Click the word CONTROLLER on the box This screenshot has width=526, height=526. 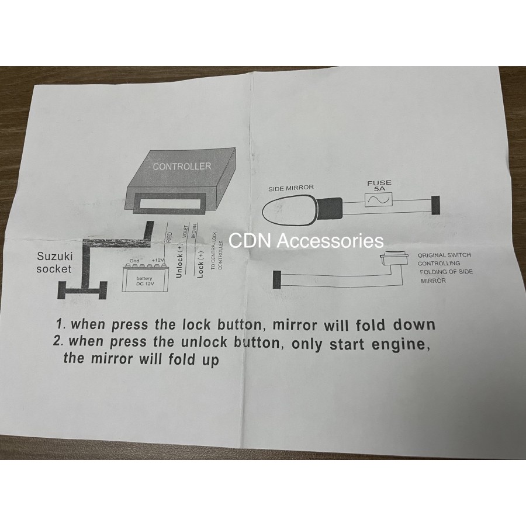click(x=182, y=166)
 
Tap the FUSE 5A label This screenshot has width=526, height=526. click(x=379, y=185)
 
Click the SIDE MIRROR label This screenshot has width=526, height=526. click(x=291, y=188)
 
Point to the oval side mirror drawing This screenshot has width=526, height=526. click(x=289, y=210)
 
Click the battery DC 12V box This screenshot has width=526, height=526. click(x=144, y=278)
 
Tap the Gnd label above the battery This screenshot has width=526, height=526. click(x=134, y=261)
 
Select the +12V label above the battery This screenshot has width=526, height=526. click(x=157, y=260)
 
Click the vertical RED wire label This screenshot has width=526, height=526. click(x=169, y=237)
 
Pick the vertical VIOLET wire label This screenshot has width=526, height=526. click(x=185, y=232)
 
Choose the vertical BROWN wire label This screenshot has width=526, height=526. click(x=193, y=231)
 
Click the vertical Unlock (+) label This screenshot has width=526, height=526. click(x=179, y=261)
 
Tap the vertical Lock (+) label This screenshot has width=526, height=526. click(x=200, y=265)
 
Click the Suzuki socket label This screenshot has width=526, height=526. click(x=54, y=262)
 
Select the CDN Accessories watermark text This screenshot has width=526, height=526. click(x=306, y=241)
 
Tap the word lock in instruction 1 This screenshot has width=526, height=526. click(x=196, y=324)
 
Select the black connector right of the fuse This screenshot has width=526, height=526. click(x=435, y=205)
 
